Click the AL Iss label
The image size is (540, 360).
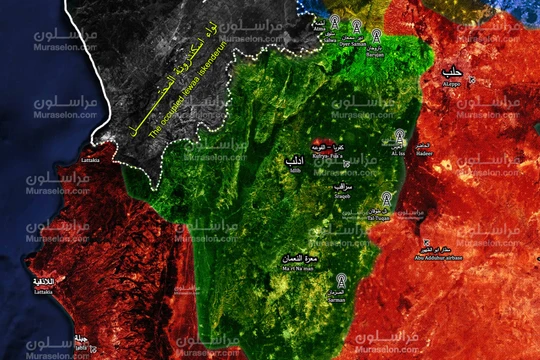(398, 153)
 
